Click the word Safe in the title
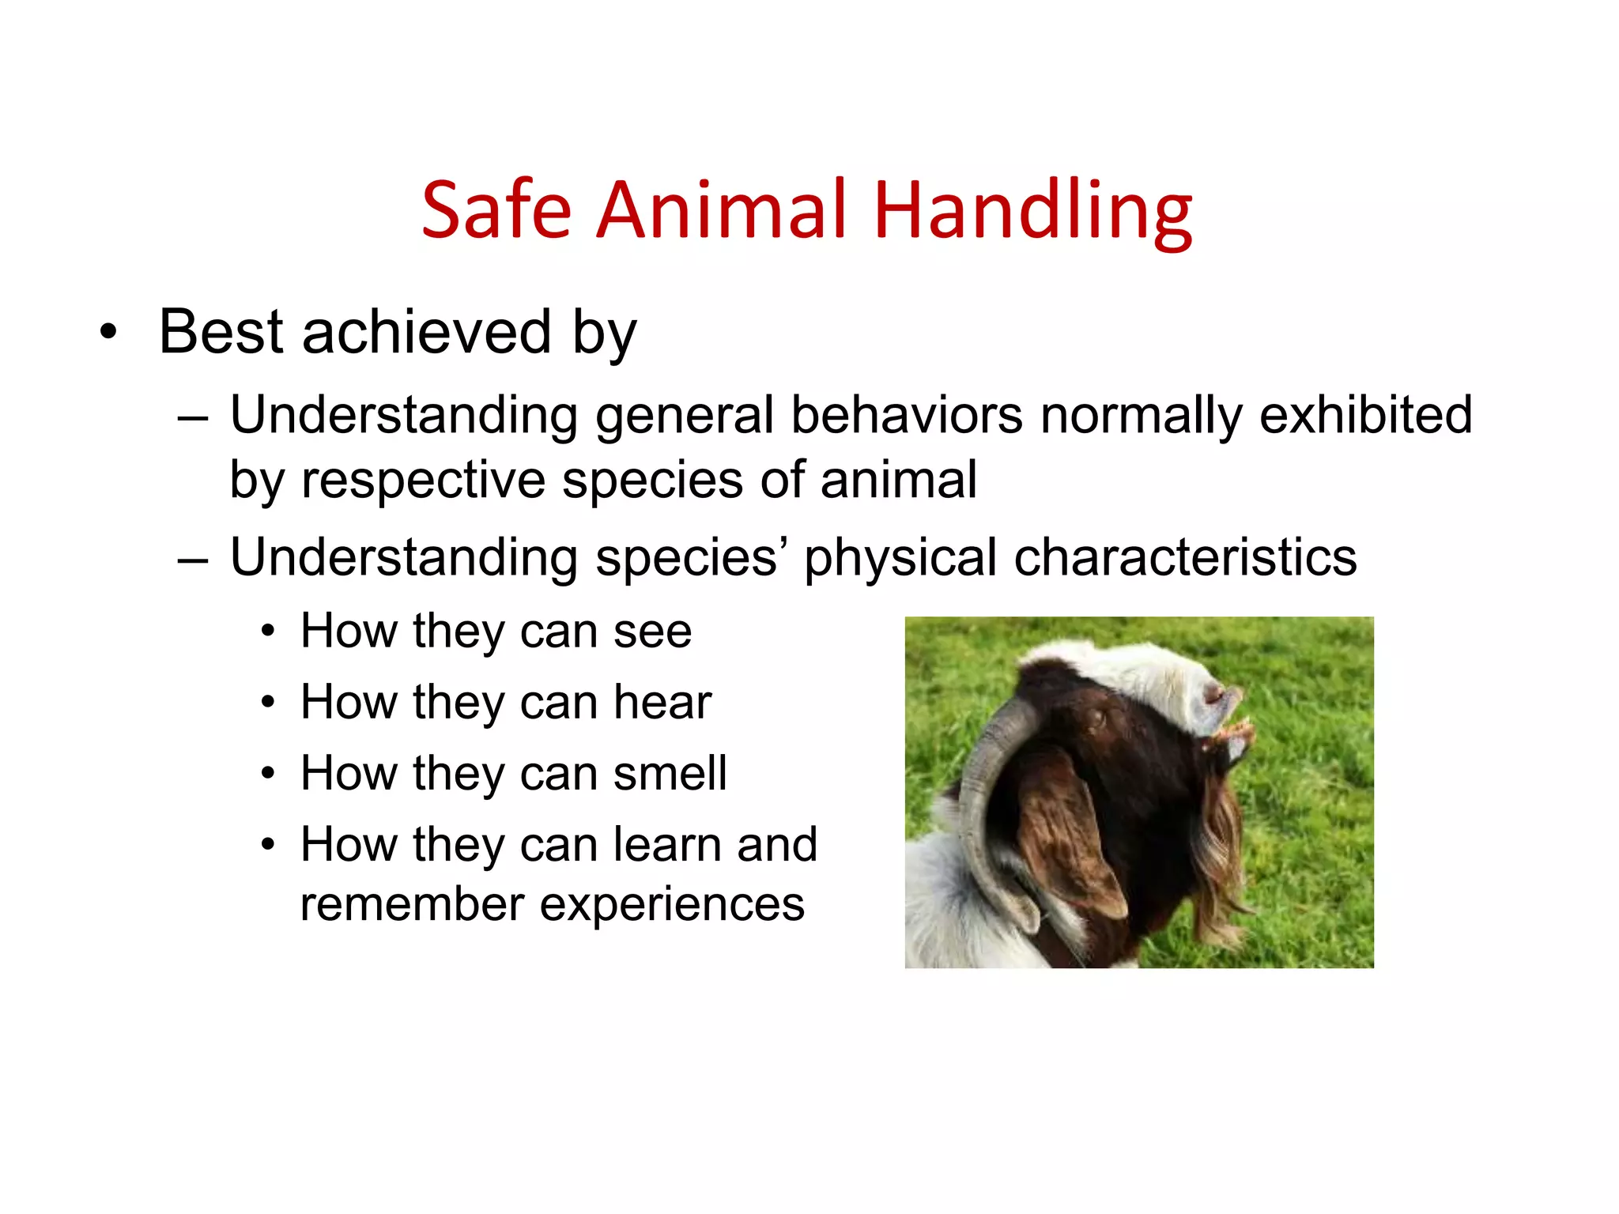click(x=496, y=210)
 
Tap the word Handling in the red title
click(x=1032, y=210)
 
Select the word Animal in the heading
click(x=722, y=210)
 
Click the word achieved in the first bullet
click(x=426, y=332)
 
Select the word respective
click(x=423, y=481)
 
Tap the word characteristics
click(x=1185, y=557)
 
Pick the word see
click(x=652, y=632)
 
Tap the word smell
click(x=670, y=773)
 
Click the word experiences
click(x=672, y=906)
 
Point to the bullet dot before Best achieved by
click(x=108, y=333)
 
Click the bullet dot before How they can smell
click(x=269, y=774)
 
